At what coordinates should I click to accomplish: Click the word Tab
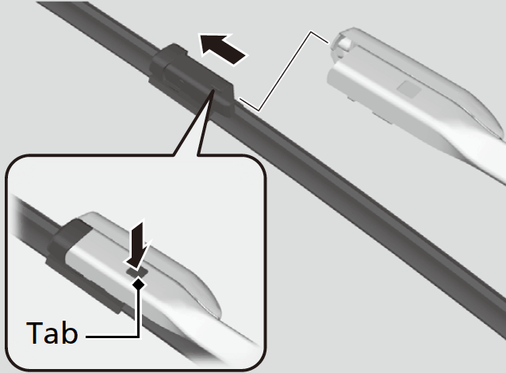click(x=52, y=333)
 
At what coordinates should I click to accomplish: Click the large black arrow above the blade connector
click(x=223, y=49)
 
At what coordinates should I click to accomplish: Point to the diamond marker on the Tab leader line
click(x=139, y=284)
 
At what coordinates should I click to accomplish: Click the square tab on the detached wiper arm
click(x=409, y=89)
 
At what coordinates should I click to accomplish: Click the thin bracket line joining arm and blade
click(x=284, y=70)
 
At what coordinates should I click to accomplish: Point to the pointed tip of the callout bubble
click(x=213, y=90)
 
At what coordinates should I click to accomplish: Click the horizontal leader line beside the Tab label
click(x=113, y=337)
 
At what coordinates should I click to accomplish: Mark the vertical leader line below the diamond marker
click(x=139, y=313)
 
